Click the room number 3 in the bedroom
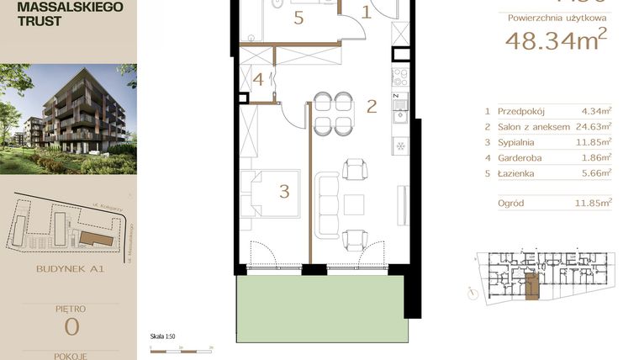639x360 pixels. pyautogui.click(x=284, y=192)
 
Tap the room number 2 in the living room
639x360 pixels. pyautogui.click(x=371, y=106)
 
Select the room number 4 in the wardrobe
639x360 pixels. pyautogui.click(x=259, y=80)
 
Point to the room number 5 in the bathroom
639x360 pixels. pyautogui.click(x=298, y=19)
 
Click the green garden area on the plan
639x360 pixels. pyautogui.click(x=322, y=308)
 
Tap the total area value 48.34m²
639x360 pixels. pyautogui.click(x=554, y=40)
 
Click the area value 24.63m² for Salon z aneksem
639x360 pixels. pyautogui.click(x=594, y=126)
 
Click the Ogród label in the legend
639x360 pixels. pyautogui.click(x=512, y=202)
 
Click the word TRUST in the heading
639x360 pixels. pyautogui.click(x=33, y=21)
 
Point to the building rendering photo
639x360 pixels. pyautogui.click(x=68, y=118)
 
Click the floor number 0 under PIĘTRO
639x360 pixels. pyautogui.click(x=68, y=327)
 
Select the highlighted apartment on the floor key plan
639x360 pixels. pyautogui.click(x=530, y=286)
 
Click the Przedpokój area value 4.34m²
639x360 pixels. pyautogui.click(x=595, y=110)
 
